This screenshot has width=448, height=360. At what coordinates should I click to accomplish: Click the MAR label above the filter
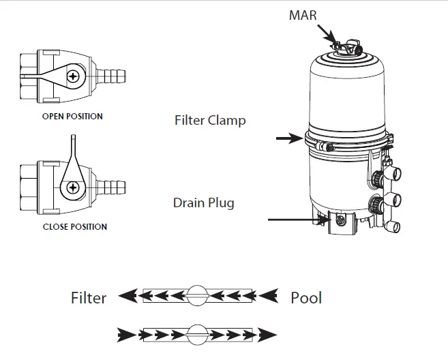pos(303,14)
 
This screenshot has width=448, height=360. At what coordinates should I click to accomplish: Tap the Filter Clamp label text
pos(210,121)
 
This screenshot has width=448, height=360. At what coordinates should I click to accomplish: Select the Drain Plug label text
pos(203,202)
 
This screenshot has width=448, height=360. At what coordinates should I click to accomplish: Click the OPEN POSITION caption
pos(72,117)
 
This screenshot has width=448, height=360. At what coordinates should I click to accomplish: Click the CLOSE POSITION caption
pos(74,226)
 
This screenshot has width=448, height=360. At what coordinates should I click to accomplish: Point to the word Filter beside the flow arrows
pos(89,298)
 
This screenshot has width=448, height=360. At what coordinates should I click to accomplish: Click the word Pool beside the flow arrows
pos(306,298)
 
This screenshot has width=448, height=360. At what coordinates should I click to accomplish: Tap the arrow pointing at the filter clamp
pos(288,139)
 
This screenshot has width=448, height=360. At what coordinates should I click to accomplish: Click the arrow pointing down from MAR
pos(331,37)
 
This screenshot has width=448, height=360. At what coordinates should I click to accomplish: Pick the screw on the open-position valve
pos(72,77)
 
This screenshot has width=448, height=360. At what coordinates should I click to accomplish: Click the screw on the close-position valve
pos(72,186)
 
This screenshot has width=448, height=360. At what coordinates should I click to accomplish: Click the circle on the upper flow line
pos(196,295)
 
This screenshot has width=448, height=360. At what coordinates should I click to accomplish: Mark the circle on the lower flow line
pos(196,334)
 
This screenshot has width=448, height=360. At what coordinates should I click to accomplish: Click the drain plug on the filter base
pos(338,220)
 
